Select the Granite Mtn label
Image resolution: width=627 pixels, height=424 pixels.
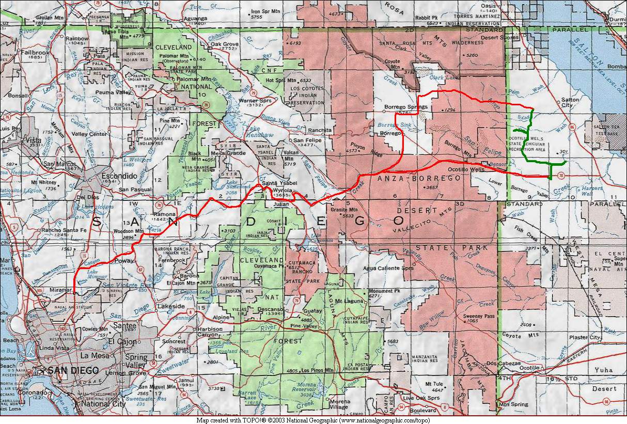click(x=344, y=210)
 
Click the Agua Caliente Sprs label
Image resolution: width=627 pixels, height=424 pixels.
click(x=388, y=268)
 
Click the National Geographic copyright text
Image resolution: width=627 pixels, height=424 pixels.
click(x=313, y=420)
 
